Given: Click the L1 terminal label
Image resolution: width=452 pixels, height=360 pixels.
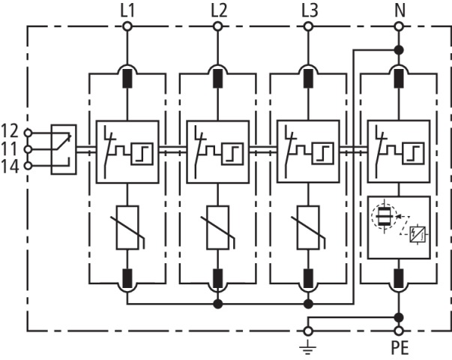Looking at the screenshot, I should click(127, 10).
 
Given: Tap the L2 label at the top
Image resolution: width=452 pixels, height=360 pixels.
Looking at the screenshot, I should click(218, 10).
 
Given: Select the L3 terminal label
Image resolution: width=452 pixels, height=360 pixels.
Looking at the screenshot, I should click(308, 10).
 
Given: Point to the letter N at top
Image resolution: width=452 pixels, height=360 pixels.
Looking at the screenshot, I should click(399, 10).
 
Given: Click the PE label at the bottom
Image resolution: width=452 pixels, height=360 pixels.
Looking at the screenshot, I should click(400, 348).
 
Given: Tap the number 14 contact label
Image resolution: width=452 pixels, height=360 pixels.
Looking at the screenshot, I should click(10, 165).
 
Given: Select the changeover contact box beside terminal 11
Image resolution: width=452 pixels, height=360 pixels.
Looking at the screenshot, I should click(63, 148).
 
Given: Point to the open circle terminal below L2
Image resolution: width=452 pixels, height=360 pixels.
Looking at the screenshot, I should click(218, 27).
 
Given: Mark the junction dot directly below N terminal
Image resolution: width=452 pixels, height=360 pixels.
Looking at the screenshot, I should click(399, 49).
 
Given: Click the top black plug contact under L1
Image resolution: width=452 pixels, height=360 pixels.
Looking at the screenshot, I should click(127, 76).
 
